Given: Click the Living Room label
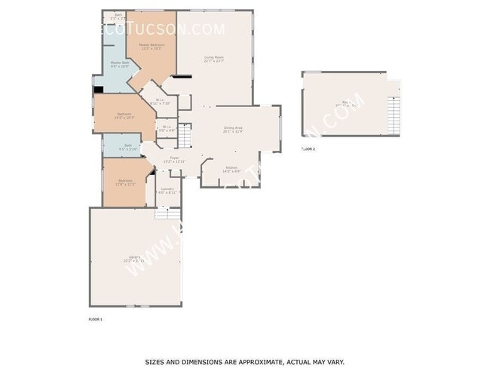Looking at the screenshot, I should coord(215,58).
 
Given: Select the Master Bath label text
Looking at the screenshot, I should coord(120,64).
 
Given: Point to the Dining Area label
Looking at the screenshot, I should coord(232,130).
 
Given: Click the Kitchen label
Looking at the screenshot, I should coord(231,169).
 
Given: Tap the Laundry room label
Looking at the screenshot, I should coord(167,190).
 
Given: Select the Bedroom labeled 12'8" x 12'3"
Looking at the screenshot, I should coord(126,182).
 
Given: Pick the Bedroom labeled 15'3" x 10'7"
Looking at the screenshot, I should coord(124,116).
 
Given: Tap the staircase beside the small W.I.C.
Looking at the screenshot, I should coord(185,136).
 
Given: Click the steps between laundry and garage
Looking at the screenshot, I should coord(165,213).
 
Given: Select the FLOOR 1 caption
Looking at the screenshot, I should coord(95,320).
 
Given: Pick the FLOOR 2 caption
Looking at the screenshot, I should coord(308,149).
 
